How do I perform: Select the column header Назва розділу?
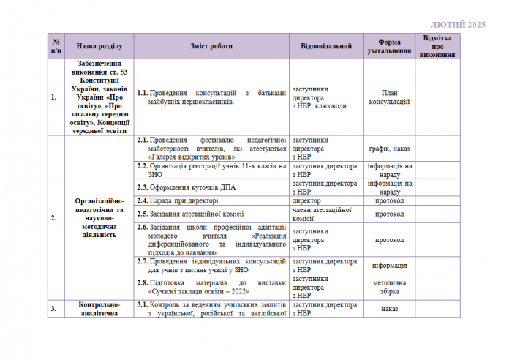[x=98, y=46]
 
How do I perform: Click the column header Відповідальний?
[x=326, y=46]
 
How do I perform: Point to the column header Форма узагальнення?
[x=389, y=46]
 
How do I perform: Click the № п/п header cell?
[x=56, y=46]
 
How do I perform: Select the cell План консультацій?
[x=389, y=97]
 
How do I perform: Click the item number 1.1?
[x=143, y=93]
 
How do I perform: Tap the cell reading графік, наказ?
[x=389, y=148]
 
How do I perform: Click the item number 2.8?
[x=143, y=282]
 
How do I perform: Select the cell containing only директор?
[x=306, y=200]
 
